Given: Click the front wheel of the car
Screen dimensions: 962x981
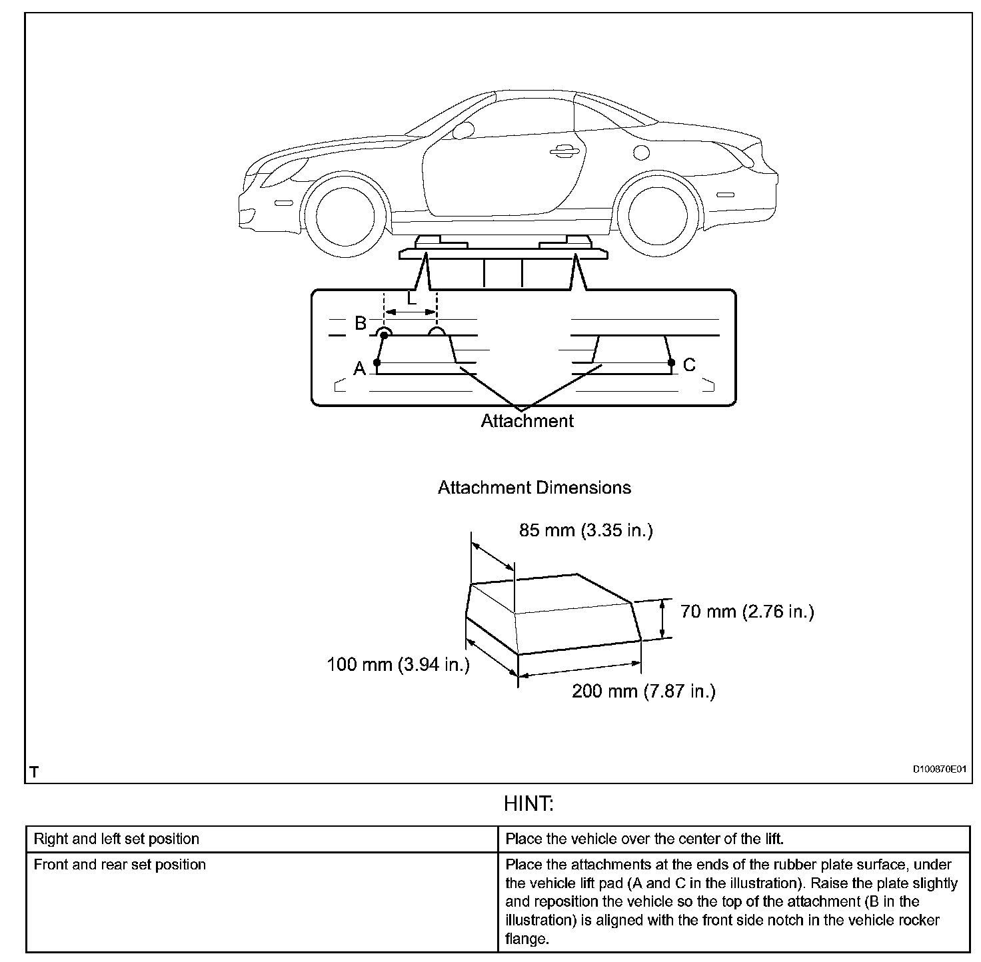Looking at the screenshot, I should click(x=344, y=217).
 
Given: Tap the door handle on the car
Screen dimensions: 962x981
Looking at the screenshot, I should click(x=564, y=152).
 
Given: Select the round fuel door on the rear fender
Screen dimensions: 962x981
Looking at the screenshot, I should click(x=641, y=153).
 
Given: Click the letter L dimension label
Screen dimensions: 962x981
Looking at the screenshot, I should click(x=412, y=299).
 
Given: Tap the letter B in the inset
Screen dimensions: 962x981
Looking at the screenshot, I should click(x=361, y=323).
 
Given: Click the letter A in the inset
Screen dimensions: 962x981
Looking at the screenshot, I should click(x=360, y=368).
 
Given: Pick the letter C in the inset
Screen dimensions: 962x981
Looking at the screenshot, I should click(x=689, y=364).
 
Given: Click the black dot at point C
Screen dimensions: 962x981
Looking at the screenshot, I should click(x=672, y=362).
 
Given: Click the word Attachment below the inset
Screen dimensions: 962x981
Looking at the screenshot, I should click(x=527, y=421).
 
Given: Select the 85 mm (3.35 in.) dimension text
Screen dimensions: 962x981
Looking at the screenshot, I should click(x=586, y=530).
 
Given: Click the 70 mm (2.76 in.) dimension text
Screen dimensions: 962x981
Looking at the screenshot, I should click(x=747, y=611).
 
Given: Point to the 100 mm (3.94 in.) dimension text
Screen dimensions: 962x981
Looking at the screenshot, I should click(x=398, y=664).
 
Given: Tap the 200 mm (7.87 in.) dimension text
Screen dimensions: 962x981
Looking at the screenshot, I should click(x=643, y=691).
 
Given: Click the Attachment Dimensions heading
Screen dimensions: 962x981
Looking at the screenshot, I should click(x=534, y=488).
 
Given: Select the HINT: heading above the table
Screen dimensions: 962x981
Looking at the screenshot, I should click(x=528, y=804).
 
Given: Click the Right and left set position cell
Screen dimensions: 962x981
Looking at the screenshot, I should click(x=117, y=839).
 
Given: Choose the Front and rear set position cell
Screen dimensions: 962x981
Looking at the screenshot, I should click(x=120, y=865).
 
